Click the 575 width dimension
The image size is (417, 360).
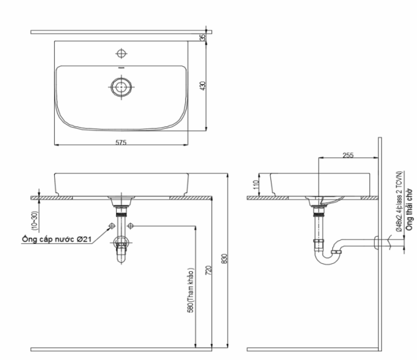pyautogui.click(x=121, y=142)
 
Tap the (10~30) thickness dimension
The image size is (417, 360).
pyautogui.click(x=35, y=219)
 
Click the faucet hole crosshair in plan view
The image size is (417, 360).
pyautogui.click(x=122, y=54)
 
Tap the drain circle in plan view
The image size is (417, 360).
pyautogui.click(x=122, y=86)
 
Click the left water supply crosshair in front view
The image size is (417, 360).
pyautogui.click(x=111, y=225)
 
